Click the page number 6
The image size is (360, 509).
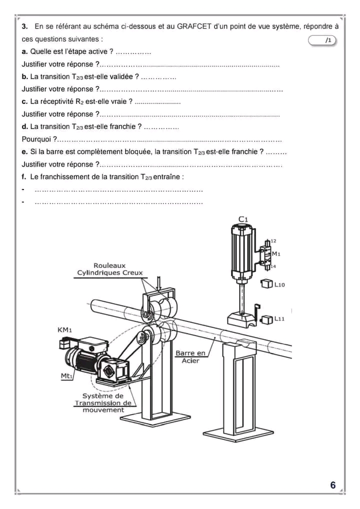coord(333,485)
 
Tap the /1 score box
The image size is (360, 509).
coord(323,40)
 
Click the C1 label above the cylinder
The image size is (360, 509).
coord(243,219)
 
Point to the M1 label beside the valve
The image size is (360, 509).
coord(276,253)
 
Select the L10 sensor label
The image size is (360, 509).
coord(279,284)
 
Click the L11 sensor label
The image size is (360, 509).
coord(279,318)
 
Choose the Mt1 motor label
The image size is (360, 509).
coord(67,376)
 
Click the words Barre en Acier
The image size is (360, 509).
coord(190,357)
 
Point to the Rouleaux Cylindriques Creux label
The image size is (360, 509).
coord(109,269)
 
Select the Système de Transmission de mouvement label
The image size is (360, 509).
coord(103,402)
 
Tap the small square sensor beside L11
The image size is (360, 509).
coord(267,318)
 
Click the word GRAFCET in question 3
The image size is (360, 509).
coord(194,26)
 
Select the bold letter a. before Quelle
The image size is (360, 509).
coord(24,51)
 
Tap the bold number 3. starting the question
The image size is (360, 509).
coord(24,26)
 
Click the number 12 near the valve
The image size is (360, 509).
coord(273,241)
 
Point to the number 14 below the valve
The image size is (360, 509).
coord(273,266)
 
